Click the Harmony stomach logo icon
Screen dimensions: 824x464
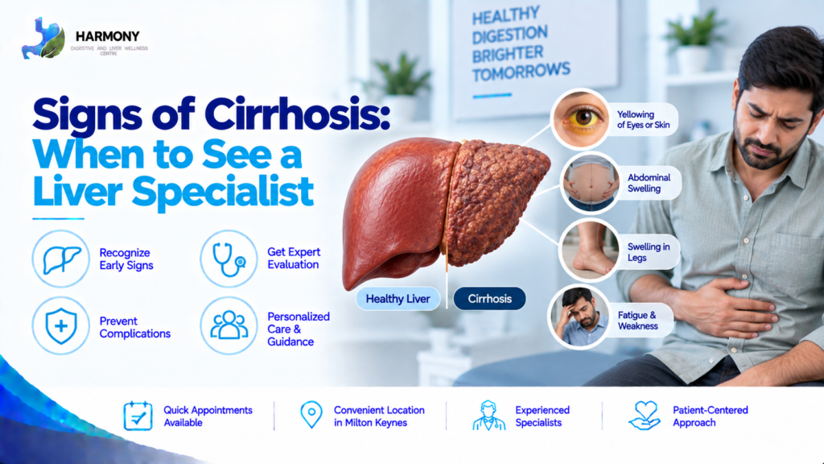[43, 38]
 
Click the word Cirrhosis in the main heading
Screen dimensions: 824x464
[298, 114]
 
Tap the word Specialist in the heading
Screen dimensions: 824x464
[223, 192]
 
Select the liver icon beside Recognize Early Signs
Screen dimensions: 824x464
[61, 259]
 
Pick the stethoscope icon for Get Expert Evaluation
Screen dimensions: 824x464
[229, 259]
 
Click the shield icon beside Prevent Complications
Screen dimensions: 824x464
[61, 326]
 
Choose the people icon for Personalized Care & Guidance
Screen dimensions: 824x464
[229, 325]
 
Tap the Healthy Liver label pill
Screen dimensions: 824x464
[398, 299]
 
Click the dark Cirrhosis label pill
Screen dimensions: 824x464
[489, 299]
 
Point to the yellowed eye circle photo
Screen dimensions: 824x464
[579, 119]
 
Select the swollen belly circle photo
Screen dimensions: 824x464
[590, 182]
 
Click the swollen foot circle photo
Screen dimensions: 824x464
[589, 251]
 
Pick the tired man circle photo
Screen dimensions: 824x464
[579, 317]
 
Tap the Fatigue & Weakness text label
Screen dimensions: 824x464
[637, 321]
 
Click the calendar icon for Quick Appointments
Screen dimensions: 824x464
[138, 416]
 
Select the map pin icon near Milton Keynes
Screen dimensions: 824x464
[311, 415]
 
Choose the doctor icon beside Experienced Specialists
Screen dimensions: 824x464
[488, 416]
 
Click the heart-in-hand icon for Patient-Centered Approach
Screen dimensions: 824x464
[645, 416]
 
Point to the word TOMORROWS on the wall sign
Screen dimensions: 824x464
[521, 72]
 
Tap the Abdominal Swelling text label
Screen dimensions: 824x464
[649, 183]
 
